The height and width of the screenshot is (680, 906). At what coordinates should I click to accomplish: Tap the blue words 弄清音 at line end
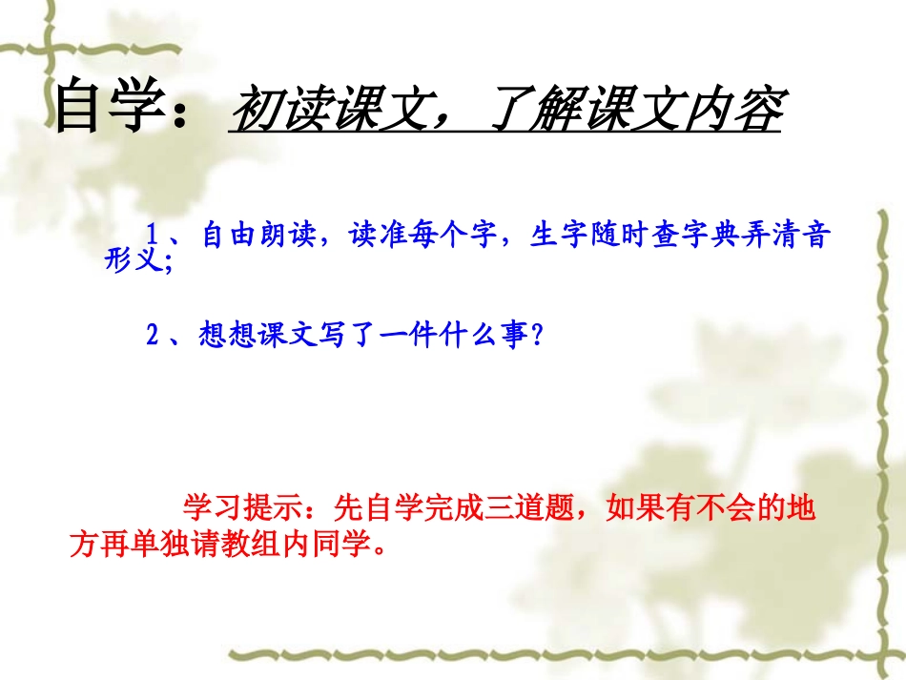coord(793,237)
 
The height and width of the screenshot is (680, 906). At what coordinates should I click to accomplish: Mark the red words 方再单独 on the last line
coord(120,546)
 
